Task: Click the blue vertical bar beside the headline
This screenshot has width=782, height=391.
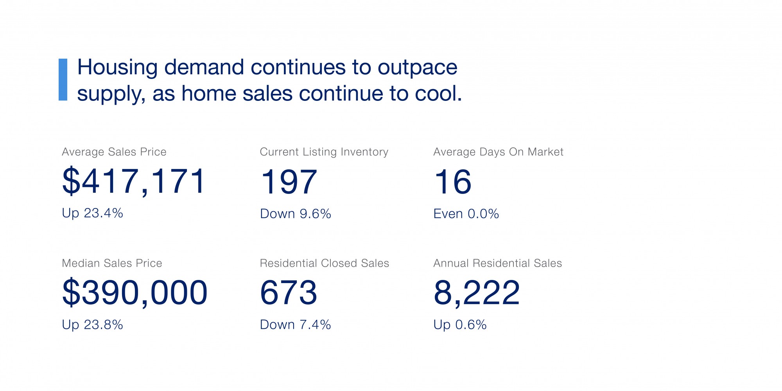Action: point(63,80)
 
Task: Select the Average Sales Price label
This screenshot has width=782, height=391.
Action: point(114,152)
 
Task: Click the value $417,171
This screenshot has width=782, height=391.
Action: point(134,181)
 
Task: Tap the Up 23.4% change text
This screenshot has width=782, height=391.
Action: point(92,213)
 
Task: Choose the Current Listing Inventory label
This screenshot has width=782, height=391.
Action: point(324,152)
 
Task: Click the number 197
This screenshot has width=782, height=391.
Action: point(289,182)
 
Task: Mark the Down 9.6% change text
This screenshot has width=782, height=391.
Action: point(296,214)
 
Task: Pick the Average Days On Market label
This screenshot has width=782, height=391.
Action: point(498,152)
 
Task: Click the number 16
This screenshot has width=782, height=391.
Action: point(453,182)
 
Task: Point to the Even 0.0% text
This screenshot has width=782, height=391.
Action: point(466,214)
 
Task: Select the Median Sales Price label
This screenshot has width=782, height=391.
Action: point(112,263)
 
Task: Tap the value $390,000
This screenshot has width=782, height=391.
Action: point(135,293)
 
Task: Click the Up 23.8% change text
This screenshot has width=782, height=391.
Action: point(92,325)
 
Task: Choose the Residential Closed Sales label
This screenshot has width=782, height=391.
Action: point(325,263)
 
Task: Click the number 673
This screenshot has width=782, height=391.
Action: point(289,293)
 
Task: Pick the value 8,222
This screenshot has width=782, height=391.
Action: point(477,293)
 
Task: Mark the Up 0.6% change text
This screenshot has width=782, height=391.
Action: point(460,325)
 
